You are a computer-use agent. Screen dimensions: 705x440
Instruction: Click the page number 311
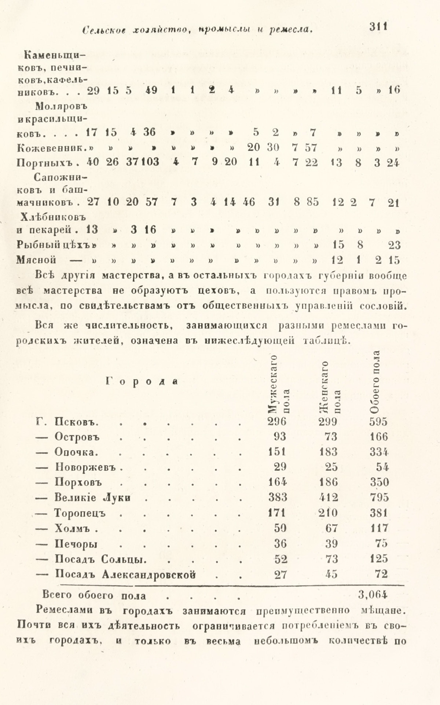[379, 27]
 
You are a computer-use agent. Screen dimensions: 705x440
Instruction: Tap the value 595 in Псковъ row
[378, 422]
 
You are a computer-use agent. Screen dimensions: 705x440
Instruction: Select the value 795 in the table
[378, 497]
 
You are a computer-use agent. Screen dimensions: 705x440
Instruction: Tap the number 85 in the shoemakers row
[312, 202]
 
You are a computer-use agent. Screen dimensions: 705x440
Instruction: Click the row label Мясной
[36, 260]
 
